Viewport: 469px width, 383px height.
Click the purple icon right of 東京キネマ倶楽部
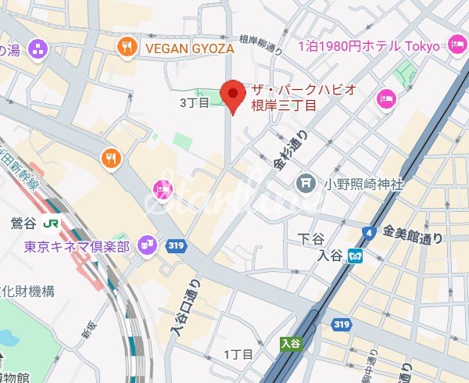tap(145, 245)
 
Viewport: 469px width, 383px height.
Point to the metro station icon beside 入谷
tap(355, 255)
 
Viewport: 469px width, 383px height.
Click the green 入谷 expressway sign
tap(290, 342)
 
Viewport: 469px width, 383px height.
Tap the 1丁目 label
tap(239, 355)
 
